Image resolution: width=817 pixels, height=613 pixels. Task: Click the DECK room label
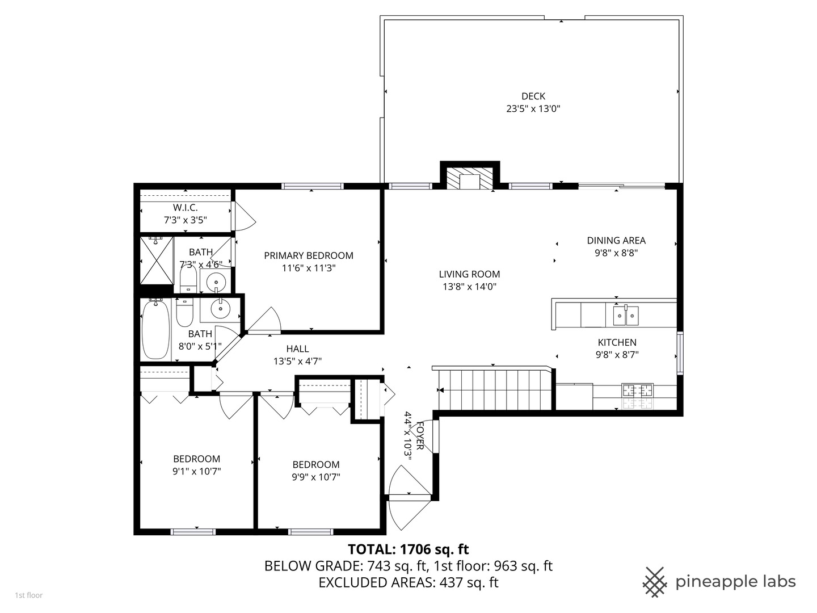(x=533, y=96)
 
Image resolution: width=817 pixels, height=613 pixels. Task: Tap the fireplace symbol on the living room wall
(x=470, y=178)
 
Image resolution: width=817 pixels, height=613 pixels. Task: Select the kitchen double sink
(x=625, y=316)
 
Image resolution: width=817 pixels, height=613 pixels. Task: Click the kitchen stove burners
(x=638, y=391)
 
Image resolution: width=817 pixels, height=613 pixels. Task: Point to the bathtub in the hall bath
(x=155, y=330)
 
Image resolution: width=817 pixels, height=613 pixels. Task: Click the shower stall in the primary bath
(x=157, y=261)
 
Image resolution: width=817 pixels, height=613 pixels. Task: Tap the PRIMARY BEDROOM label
(x=309, y=256)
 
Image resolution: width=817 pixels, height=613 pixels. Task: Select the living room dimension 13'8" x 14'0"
(x=469, y=287)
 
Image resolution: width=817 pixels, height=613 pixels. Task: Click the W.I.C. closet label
(x=186, y=208)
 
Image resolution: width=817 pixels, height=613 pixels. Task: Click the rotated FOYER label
(x=420, y=435)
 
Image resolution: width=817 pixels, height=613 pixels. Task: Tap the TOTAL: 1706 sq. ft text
(x=408, y=549)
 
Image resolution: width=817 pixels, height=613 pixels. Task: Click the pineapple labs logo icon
(x=654, y=582)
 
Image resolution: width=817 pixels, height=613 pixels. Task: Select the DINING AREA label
(x=616, y=241)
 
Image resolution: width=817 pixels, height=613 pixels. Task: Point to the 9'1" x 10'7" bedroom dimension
(x=197, y=471)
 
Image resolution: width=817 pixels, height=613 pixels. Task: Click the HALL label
(x=297, y=349)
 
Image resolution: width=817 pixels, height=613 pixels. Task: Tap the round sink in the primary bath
(x=216, y=281)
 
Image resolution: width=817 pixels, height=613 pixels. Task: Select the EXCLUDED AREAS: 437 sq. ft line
(x=408, y=583)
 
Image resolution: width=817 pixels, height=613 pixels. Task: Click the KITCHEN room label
(x=617, y=343)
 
